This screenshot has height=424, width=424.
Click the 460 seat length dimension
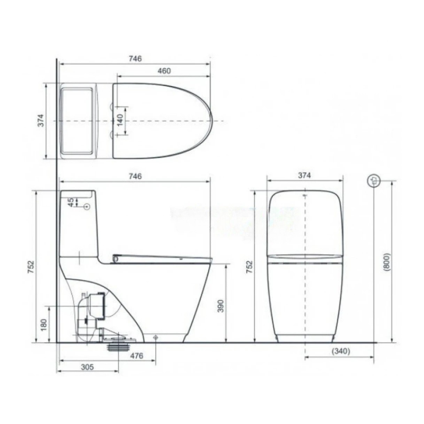coord(164,71)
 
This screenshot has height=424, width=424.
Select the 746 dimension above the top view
coord(135,59)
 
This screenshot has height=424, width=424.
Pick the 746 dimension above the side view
coord(135,176)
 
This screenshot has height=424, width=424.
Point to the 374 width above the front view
coord(304,175)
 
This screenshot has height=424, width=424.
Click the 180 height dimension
coord(43,325)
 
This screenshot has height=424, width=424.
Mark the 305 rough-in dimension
coord(86,367)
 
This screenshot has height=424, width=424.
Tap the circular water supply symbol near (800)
coord(374,180)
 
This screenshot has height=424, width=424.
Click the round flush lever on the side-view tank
coord(86,207)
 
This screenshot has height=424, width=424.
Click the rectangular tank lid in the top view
coord(77,121)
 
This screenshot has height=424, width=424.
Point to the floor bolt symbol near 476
coord(156,338)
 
